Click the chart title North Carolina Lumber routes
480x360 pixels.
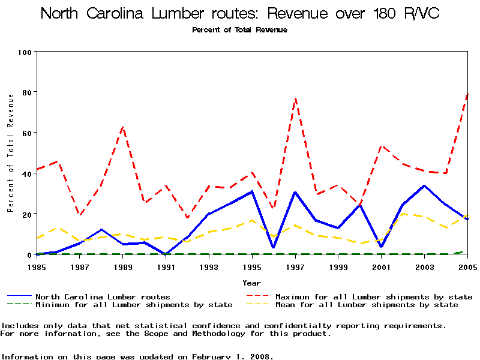(x=240, y=14)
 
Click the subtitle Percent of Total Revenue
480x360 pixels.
(x=239, y=29)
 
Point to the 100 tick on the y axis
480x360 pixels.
(x=24, y=52)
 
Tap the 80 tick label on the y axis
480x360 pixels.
(x=26, y=92)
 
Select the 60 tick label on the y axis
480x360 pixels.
(x=26, y=133)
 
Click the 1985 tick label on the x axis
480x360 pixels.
(x=37, y=266)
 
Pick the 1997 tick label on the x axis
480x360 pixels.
(x=295, y=266)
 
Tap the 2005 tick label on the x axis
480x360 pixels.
(x=467, y=266)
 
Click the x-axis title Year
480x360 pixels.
(x=251, y=282)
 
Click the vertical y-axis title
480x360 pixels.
(x=10, y=153)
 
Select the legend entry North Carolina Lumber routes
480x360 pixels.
(x=103, y=296)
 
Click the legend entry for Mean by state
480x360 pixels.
(x=366, y=305)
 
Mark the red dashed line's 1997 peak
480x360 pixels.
(x=295, y=98)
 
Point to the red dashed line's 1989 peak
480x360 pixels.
(x=123, y=127)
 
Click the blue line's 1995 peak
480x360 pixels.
(x=252, y=191)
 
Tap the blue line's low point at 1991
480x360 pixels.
(x=166, y=254)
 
